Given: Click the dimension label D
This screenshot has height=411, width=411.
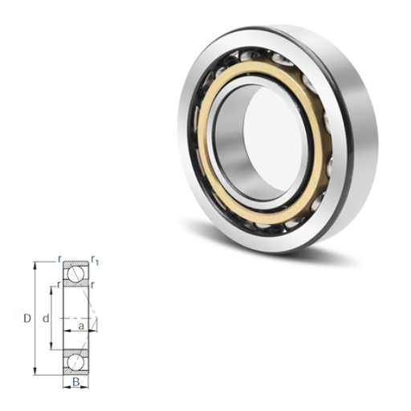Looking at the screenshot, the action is pos(27,319).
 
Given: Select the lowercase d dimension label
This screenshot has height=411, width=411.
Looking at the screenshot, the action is pos(46,319).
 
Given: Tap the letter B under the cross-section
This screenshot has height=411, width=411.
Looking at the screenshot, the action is pos(76,382).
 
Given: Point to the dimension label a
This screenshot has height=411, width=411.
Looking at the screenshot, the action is pos(81,326).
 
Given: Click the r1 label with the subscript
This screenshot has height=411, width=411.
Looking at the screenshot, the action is pos(95,261).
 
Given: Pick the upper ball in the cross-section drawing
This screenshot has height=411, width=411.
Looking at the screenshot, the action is pos(75,274).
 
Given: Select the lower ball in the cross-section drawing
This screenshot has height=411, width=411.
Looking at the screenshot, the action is pos(75,363).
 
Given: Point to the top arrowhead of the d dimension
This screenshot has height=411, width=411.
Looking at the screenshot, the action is pos(51,290).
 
